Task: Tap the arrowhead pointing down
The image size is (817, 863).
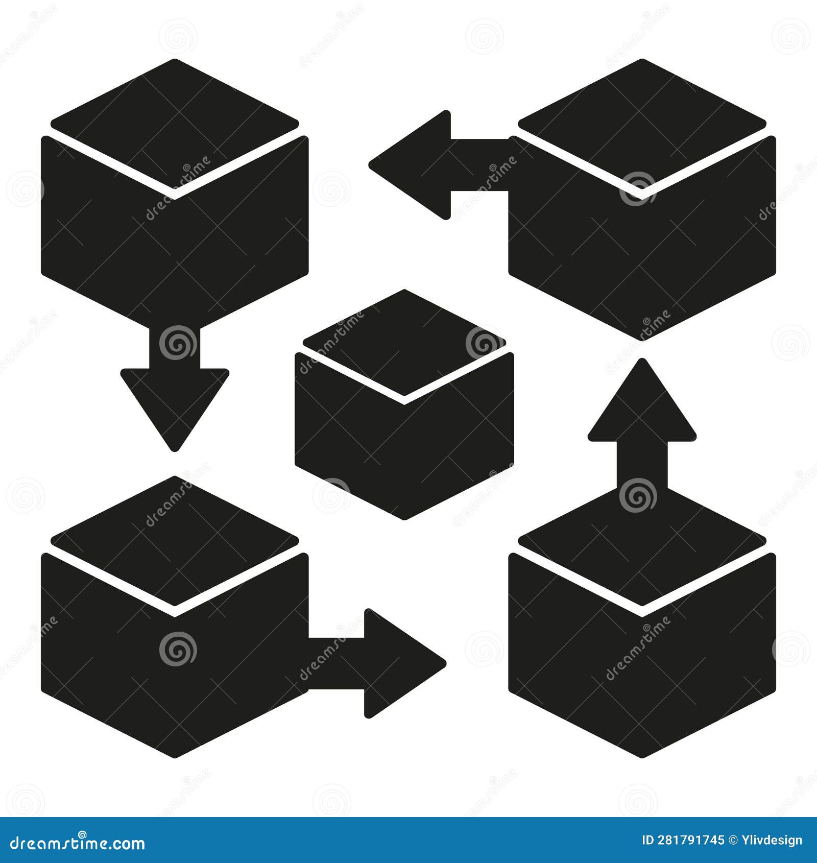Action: (175, 403)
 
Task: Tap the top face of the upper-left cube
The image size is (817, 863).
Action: (175, 123)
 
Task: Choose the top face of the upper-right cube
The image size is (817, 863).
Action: (642, 123)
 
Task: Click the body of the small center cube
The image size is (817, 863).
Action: (404, 449)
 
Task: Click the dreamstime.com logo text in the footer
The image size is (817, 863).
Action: (78, 844)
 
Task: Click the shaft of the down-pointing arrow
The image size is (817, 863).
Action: (175, 347)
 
